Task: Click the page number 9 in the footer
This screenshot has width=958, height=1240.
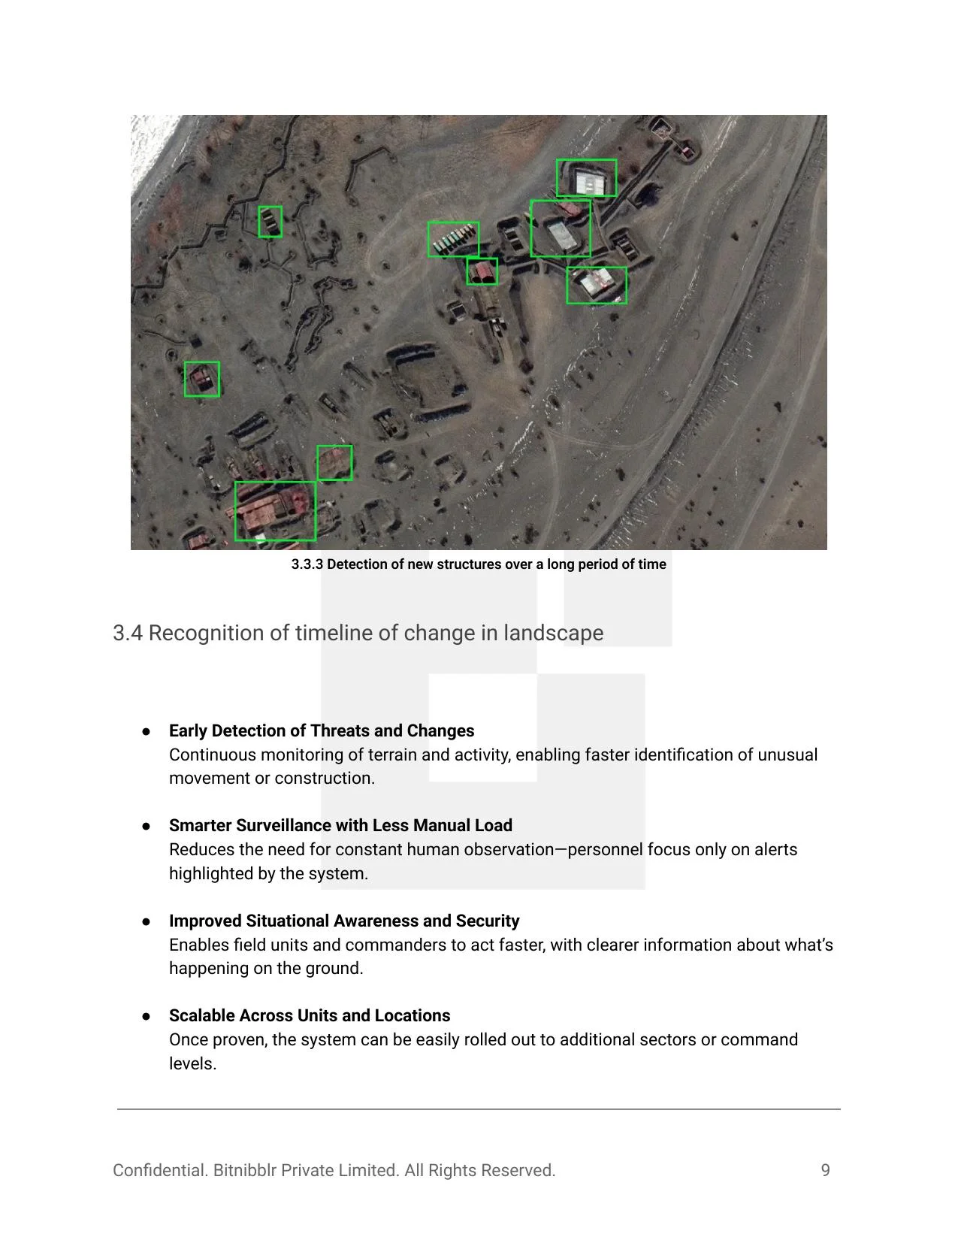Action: click(x=825, y=1170)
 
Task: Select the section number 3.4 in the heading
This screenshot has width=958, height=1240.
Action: click(x=127, y=633)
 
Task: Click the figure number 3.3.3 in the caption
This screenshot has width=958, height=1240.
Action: click(x=307, y=564)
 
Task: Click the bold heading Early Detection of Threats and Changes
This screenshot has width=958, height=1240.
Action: click(x=322, y=730)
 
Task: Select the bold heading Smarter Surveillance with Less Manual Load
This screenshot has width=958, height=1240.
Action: click(x=340, y=825)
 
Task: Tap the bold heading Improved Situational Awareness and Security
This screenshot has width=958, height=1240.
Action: click(x=344, y=921)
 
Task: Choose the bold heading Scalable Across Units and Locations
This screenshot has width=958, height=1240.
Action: click(x=310, y=1015)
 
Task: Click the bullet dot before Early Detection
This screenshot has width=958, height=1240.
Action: click(x=147, y=731)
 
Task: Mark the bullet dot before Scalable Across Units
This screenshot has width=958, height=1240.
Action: click(x=147, y=1016)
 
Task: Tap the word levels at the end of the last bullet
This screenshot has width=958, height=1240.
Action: click(x=192, y=1063)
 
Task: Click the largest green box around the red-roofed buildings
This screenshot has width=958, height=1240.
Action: click(x=275, y=511)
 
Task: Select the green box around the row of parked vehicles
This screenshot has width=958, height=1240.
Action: click(x=453, y=239)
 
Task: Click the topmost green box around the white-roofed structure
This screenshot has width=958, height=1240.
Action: click(x=586, y=178)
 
